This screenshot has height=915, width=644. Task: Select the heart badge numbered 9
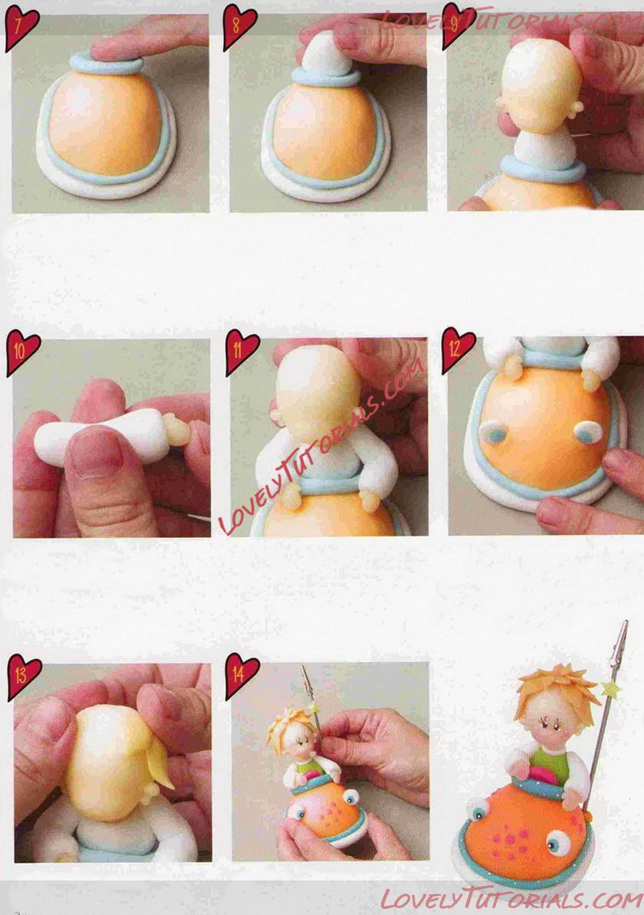tap(457, 26)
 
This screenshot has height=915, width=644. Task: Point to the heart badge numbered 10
tap(22, 353)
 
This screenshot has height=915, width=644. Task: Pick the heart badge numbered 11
tap(242, 351)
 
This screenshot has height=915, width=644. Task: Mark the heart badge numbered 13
tap(23, 677)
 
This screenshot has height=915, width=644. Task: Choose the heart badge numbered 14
tap(242, 676)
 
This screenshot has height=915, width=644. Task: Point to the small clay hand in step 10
tap(178, 429)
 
